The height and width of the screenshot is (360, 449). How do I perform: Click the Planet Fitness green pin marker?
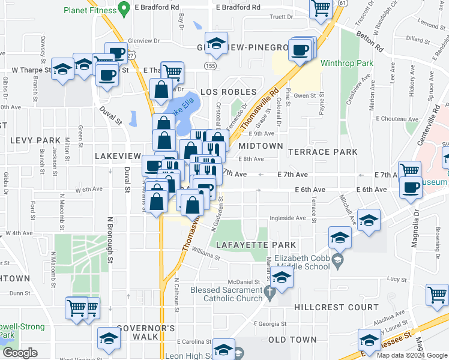point(124,9)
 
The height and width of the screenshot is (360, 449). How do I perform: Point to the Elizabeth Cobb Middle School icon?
point(338,260)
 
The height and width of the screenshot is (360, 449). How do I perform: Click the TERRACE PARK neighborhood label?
point(322,152)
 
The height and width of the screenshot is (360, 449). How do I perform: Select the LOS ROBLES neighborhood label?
point(224,92)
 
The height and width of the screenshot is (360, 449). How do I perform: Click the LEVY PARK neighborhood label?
point(35,140)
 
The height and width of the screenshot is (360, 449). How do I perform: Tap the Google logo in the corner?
point(19,353)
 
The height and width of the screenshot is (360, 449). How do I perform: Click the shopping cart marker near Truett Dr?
point(322,8)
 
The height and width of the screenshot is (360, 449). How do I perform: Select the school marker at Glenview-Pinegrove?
point(215,44)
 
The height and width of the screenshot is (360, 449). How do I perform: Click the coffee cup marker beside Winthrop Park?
point(299,50)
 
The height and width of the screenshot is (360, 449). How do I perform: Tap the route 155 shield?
point(209,65)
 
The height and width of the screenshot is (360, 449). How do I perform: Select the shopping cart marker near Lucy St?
point(437,295)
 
